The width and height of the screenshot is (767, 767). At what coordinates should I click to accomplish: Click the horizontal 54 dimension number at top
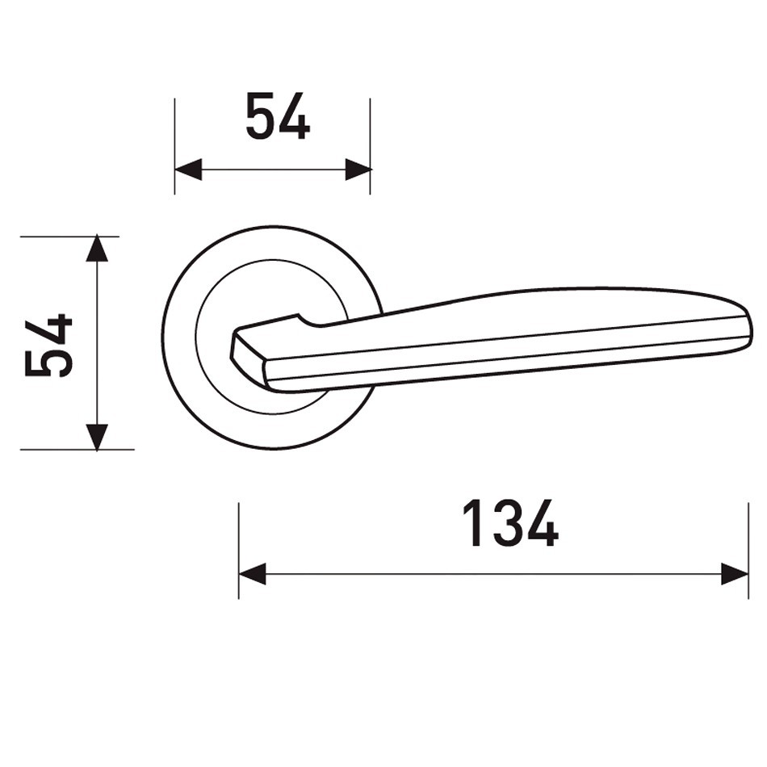pyautogui.click(x=278, y=116)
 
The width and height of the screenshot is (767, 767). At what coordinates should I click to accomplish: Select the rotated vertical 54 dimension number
pyautogui.click(x=48, y=346)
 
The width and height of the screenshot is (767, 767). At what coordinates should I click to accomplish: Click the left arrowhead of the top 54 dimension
pyautogui.click(x=188, y=170)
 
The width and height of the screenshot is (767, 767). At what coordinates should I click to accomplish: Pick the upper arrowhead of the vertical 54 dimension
pyautogui.click(x=97, y=248)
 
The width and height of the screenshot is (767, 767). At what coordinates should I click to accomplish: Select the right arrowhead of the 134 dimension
pyautogui.click(x=736, y=574)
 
